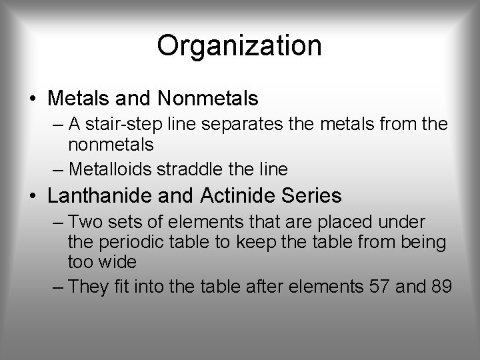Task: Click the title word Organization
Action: coord(239,46)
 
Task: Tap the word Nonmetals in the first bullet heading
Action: coord(208,99)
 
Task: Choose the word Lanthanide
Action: coord(106,196)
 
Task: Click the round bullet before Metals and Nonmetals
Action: coord(33,99)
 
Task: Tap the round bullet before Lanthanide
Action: coord(33,197)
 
